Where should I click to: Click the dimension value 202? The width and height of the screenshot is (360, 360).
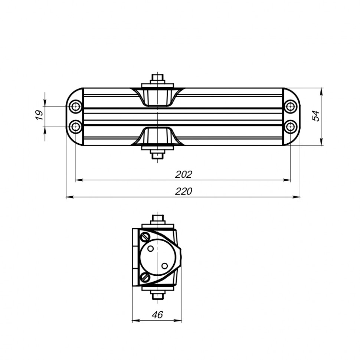coord(184,174)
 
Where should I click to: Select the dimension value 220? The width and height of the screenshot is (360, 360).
coord(184,192)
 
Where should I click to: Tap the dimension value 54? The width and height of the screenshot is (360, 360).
coord(316,116)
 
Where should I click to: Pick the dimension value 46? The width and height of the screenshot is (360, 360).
coord(157,315)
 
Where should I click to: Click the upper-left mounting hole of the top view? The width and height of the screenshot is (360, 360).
coord(76,107)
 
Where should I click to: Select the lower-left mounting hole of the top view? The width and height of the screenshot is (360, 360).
coord(76,127)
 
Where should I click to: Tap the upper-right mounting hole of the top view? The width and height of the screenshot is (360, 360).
coord(291,107)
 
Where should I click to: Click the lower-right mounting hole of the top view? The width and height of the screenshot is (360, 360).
coord(291,127)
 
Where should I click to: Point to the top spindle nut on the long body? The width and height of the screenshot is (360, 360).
coord(158,79)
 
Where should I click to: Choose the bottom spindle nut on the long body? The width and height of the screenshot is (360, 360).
coord(158,154)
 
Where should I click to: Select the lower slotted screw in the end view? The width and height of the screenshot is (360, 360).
coord(145,277)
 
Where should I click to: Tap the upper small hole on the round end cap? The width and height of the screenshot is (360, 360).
coord(151,249)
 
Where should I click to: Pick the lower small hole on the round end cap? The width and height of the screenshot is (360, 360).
coord(164,265)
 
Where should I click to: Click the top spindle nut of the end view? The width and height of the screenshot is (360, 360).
coord(158,218)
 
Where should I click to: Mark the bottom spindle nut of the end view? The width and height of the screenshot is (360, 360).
coord(158,295)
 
